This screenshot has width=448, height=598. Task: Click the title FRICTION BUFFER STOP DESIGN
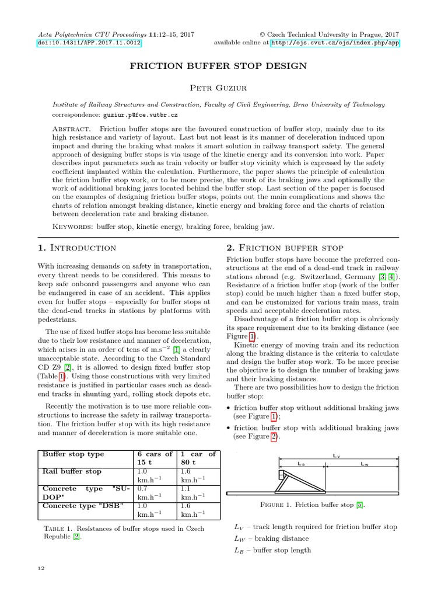click(224, 66)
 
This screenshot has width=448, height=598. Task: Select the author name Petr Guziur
click(224, 88)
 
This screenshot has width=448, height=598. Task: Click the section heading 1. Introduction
click(76, 248)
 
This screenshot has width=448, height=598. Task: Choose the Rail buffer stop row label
click(72, 471)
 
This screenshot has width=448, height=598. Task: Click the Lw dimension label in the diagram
click(364, 464)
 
